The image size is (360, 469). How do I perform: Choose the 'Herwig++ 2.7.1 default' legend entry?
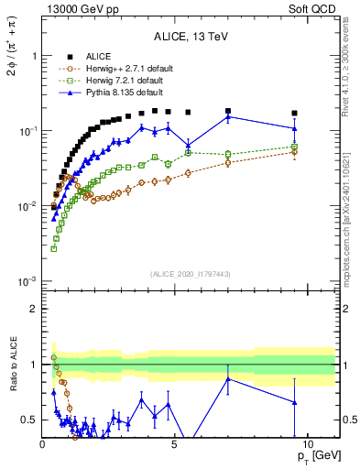pos(123,68)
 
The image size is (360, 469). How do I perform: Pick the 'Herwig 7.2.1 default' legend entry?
pos(120,80)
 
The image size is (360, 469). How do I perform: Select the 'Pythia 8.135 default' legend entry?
pos(119,92)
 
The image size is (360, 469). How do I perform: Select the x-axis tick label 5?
pos(174,442)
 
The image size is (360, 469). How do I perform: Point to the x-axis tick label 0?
pos(43,442)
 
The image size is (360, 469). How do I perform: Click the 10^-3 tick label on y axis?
pos(27,280)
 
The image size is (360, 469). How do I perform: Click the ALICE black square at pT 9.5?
pos(294,114)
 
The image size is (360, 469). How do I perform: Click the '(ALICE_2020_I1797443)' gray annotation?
pos(191,274)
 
